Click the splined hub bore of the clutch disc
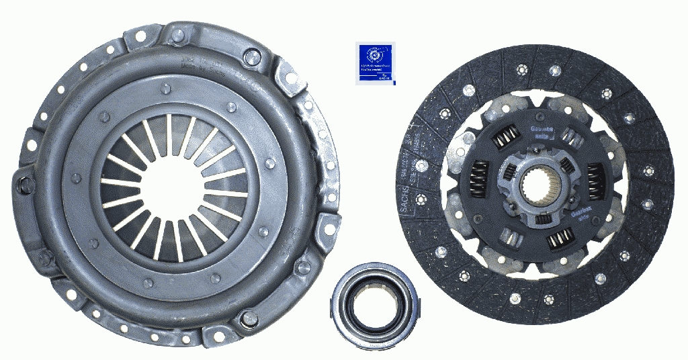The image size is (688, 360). click(x=542, y=183)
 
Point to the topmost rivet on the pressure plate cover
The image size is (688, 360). click(x=165, y=89)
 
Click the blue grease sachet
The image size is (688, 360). click(x=376, y=62)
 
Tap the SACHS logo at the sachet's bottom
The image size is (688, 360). click(x=384, y=79)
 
